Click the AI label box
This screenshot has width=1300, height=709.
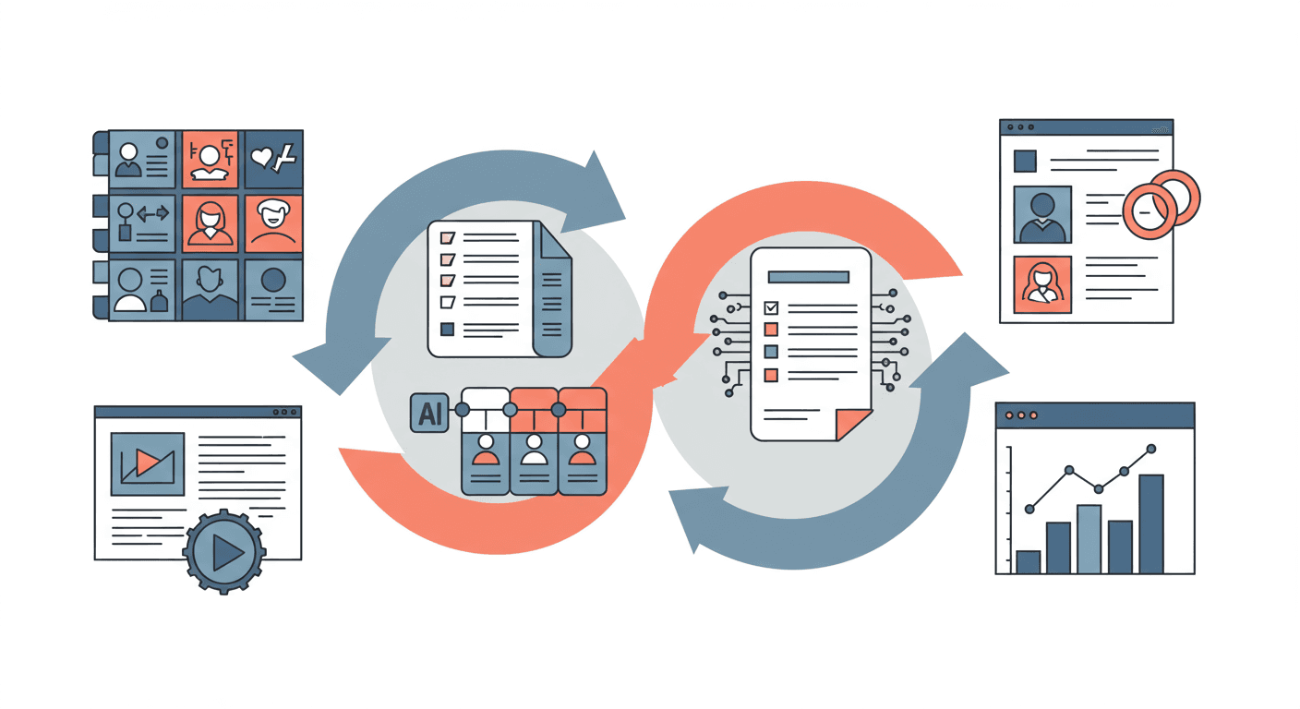pyautogui.click(x=429, y=413)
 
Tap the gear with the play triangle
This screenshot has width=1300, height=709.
pyautogui.click(x=224, y=552)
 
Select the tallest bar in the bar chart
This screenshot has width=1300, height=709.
pyautogui.click(x=1150, y=523)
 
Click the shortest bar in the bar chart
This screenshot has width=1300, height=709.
pyautogui.click(x=1028, y=561)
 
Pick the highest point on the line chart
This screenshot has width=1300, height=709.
pyautogui.click(x=1150, y=449)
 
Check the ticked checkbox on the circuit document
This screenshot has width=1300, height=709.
pyautogui.click(x=771, y=307)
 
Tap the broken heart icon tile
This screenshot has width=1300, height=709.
pyautogui.click(x=274, y=159)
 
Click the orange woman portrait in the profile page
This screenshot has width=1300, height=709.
pyautogui.click(x=1042, y=284)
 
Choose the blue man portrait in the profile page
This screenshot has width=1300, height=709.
pyautogui.click(x=1042, y=215)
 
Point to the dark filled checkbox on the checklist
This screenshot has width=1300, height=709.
pyautogui.click(x=448, y=328)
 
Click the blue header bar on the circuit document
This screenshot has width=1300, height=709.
pyautogui.click(x=808, y=276)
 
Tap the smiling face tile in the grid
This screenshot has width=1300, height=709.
pyautogui.click(x=273, y=222)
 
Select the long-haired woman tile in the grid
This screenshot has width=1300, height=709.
pyautogui.click(x=211, y=222)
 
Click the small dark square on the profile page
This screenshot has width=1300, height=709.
pyautogui.click(x=1025, y=161)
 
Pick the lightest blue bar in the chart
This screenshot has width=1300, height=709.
pyautogui.click(x=1089, y=538)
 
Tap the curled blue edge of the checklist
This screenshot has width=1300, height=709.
pyautogui.click(x=553, y=295)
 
